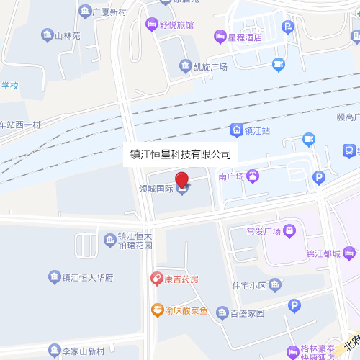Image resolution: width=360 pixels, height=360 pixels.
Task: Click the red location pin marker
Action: pos(181,179)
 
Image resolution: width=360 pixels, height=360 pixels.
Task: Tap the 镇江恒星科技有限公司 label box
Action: pos(181,154)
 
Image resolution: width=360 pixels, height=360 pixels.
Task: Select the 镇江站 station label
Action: pos(257,131)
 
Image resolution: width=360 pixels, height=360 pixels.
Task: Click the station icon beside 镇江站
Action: pos(236,130)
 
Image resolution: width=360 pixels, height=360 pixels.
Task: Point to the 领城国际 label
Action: pos(156,189)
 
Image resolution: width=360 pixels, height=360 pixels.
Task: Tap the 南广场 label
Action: pos(232,176)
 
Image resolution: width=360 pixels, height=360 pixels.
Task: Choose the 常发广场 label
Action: pos(263,231)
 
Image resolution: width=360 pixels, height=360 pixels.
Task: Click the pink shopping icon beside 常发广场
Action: pos(289,230)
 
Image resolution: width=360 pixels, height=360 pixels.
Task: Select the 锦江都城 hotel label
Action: pos(323,253)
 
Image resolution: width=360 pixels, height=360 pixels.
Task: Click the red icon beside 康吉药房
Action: pos(156,278)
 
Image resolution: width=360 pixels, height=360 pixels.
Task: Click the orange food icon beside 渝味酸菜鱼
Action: pos(156,310)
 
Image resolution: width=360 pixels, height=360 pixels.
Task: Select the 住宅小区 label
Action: pos(249,286)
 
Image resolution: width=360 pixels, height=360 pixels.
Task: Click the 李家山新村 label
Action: pos(83,351)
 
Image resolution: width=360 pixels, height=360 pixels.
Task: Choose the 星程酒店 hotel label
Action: pos(244,36)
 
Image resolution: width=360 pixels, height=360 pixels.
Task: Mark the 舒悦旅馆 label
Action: pos(176,24)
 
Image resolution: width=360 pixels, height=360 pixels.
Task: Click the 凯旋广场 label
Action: pos(210,67)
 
